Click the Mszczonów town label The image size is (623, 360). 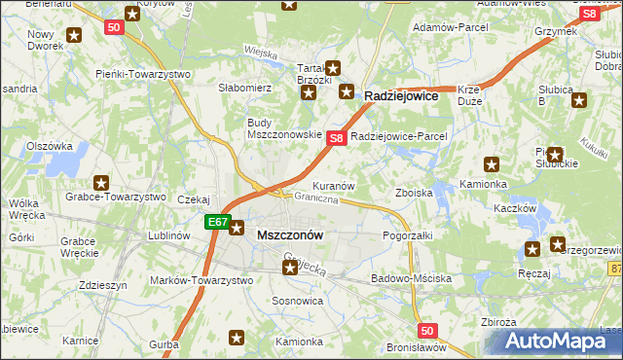tap(289, 235)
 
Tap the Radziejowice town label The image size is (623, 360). tap(403, 97)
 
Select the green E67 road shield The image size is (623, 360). tap(216, 223)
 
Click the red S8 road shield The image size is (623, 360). tap(335, 138)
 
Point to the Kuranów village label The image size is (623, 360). tap(332, 185)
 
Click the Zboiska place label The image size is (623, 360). tap(413, 193)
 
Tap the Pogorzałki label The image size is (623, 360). tap(407, 235)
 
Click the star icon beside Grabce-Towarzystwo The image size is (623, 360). tap(101, 182)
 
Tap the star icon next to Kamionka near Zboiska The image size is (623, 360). tap(492, 164)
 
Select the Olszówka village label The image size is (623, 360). tap(50, 146)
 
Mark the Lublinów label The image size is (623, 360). tap(167, 235)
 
